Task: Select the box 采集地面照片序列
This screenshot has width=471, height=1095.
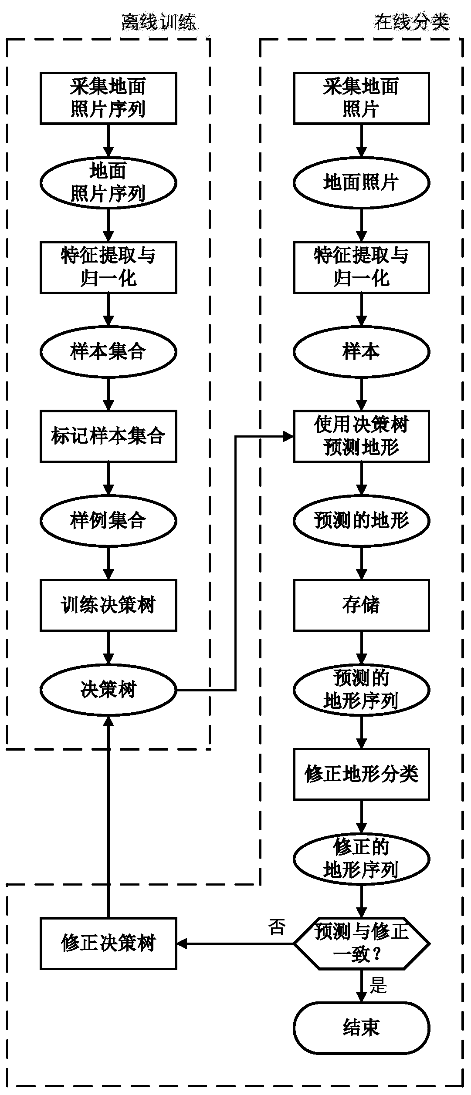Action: point(108,98)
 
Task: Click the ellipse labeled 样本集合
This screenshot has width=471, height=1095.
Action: point(108,351)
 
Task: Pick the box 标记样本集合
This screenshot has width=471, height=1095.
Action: point(108,436)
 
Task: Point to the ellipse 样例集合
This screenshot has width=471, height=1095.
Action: point(108,520)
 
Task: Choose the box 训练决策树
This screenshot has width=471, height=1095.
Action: point(108,605)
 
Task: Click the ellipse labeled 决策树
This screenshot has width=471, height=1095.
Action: point(108,690)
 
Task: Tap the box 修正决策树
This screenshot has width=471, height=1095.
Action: point(108,943)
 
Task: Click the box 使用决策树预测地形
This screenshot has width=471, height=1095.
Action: point(362,436)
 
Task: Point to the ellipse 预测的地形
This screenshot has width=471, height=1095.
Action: point(362,520)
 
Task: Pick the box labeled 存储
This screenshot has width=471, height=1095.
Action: point(362,605)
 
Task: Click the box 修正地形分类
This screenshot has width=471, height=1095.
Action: point(362,774)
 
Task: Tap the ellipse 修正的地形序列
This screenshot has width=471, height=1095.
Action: point(362,859)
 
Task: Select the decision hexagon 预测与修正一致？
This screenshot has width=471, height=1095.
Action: point(362,943)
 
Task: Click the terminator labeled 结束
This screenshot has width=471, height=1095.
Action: point(362,1028)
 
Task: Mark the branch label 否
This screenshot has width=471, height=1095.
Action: point(277,927)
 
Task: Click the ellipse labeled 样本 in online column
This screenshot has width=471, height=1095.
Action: point(362,351)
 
